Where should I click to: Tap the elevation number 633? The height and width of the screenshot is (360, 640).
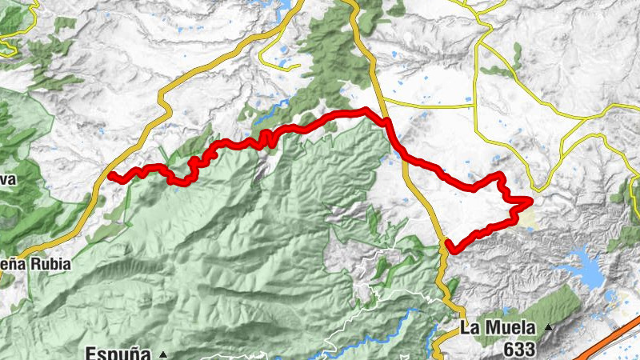(x=520, y=348)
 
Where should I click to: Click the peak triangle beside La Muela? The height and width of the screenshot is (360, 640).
(x=548, y=327)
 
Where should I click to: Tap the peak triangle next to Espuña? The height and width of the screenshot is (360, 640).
(x=162, y=353)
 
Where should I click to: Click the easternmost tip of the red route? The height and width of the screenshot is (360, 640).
(x=530, y=202)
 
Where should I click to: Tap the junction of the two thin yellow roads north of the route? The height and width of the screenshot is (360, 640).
(x=475, y=104)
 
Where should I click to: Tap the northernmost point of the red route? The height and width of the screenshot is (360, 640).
(x=364, y=110)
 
